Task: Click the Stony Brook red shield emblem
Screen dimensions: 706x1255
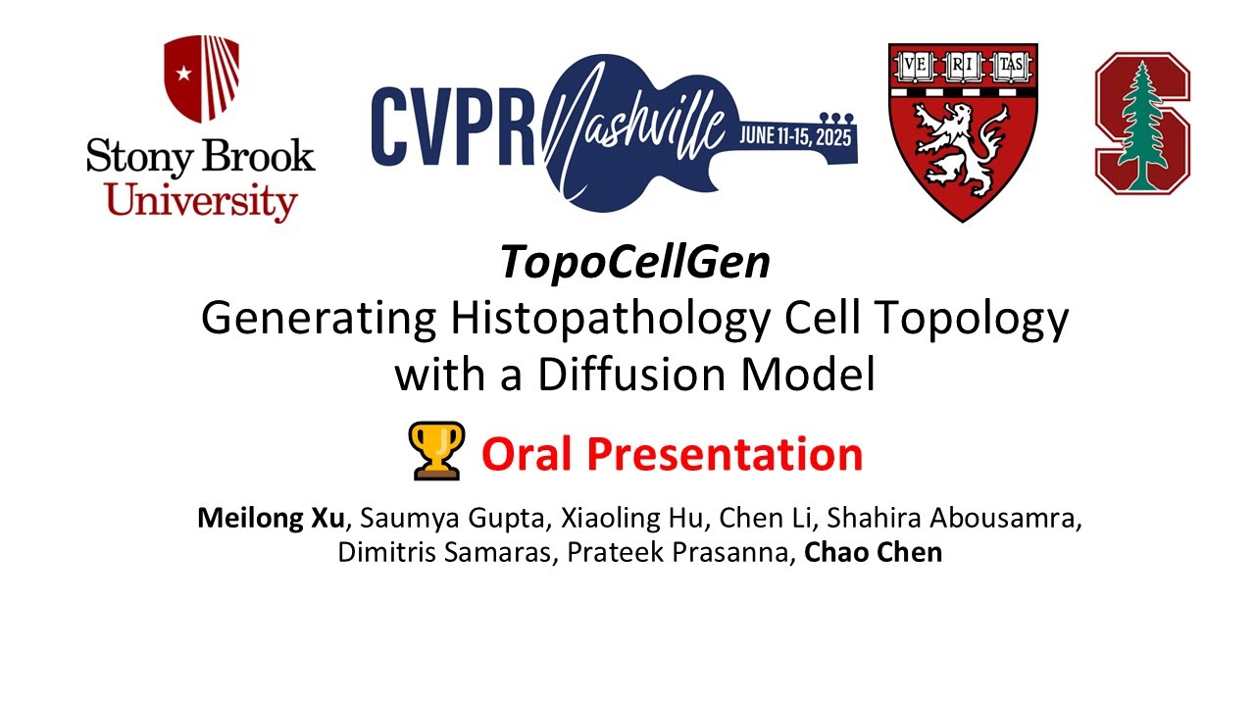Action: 201,78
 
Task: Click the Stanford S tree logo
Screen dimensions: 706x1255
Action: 1142,121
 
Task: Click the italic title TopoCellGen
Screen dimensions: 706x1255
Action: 634,264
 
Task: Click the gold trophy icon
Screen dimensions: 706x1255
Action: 438,451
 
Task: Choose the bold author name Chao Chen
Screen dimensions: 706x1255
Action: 873,552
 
